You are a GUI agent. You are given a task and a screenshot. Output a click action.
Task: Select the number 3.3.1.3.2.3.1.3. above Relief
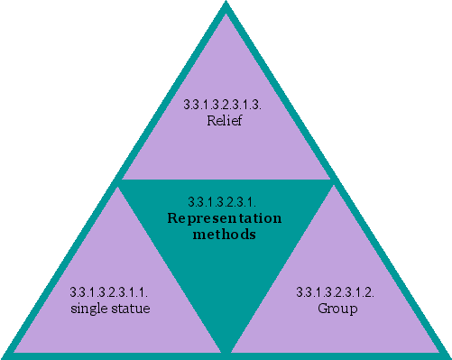(224, 105)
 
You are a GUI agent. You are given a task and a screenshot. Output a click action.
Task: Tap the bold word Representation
(225, 218)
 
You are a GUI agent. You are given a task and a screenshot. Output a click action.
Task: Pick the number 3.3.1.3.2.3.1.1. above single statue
(109, 293)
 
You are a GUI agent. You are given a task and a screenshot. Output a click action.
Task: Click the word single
(88, 309)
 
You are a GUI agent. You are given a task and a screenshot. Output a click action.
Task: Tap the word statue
(129, 309)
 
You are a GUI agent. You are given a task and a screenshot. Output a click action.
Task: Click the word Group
(337, 309)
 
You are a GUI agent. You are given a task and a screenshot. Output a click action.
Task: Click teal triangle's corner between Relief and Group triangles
(333, 181)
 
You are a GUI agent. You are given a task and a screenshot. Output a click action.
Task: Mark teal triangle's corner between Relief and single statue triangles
(118, 181)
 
